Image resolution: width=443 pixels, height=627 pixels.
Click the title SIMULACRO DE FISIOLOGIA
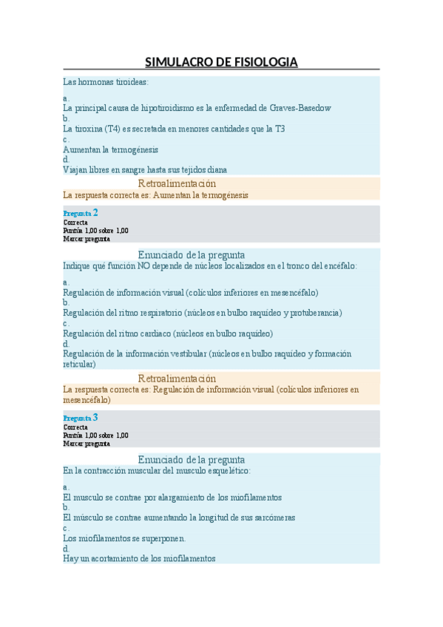pyautogui.click(x=221, y=61)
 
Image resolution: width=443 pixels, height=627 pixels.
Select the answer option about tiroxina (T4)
pyautogui.click(x=174, y=129)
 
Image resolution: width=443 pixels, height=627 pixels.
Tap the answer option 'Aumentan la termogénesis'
pyautogui.click(x=110, y=149)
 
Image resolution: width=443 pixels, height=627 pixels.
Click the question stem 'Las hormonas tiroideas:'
pyautogui.click(x=106, y=81)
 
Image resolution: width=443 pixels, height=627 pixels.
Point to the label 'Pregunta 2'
pyautogui.click(x=81, y=212)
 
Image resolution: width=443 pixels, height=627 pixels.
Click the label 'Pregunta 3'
pyautogui.click(x=81, y=418)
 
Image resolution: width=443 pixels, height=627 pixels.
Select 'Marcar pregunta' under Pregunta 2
pyautogui.click(x=87, y=239)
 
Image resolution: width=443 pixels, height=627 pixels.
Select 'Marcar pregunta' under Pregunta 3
pyautogui.click(x=87, y=444)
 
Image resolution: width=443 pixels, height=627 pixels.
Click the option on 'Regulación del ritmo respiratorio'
pyautogui.click(x=202, y=313)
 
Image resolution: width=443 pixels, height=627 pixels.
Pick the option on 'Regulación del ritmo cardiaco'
pyautogui.click(x=168, y=333)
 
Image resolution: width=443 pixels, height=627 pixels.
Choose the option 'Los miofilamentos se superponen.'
pyautogui.click(x=124, y=538)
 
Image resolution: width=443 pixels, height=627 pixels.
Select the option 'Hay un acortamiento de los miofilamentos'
pyautogui.click(x=139, y=559)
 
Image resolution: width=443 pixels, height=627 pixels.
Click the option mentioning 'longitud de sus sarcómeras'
pyautogui.click(x=179, y=518)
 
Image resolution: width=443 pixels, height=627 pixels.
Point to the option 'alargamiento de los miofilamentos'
pyautogui.click(x=172, y=498)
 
